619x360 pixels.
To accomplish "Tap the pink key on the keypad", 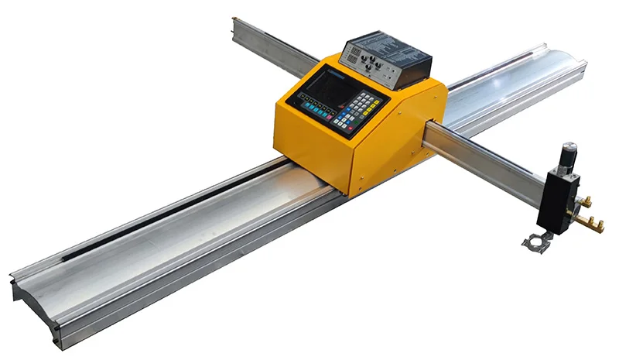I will click(329, 117).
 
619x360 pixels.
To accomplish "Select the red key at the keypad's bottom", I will click(350, 128).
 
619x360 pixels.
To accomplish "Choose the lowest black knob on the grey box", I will click(368, 67).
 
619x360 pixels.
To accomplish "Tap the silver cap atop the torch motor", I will click(569, 146).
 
